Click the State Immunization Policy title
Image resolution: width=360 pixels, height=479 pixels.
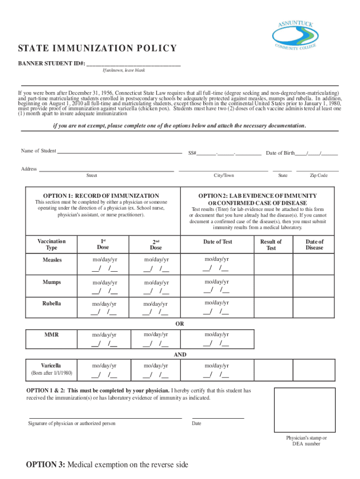click(97, 49)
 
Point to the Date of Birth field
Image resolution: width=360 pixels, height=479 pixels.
click(302, 153)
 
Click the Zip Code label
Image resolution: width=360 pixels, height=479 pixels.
click(318, 175)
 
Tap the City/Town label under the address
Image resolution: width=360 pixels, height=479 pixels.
click(223, 175)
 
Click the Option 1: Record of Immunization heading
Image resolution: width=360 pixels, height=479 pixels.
click(101, 196)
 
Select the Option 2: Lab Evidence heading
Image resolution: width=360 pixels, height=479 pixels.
click(258, 199)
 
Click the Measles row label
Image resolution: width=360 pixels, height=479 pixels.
click(52, 260)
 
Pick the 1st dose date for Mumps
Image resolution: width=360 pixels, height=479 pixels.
click(104, 287)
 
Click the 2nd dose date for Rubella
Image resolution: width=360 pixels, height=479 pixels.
click(156, 308)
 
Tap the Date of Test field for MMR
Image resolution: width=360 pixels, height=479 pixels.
click(216, 339)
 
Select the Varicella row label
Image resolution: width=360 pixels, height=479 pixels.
click(51, 365)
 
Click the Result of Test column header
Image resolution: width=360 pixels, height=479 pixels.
click(271, 245)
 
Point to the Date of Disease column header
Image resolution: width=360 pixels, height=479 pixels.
click(314, 245)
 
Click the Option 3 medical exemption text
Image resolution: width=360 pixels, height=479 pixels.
click(107, 464)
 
